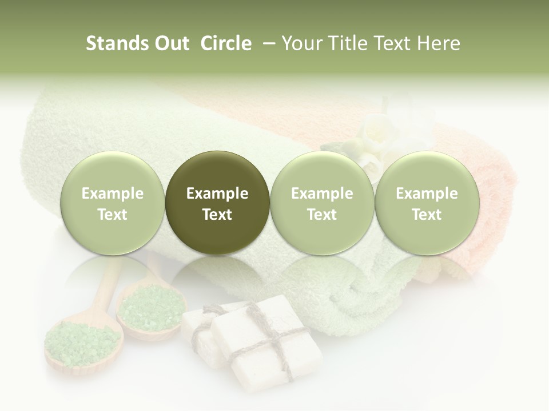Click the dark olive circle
217,203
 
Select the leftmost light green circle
113,203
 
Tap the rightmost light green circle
427,203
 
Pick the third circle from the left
322,203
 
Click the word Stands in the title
116,43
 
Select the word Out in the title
171,43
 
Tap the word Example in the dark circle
217,194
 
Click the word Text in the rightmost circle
427,215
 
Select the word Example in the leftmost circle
113,194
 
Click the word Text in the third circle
322,215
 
